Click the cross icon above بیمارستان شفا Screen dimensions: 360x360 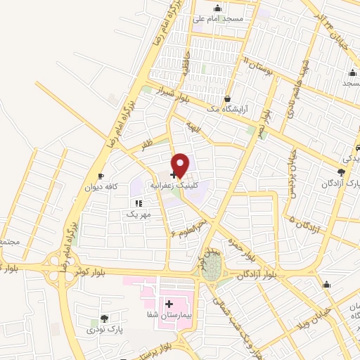169,304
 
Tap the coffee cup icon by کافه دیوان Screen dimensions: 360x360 101,175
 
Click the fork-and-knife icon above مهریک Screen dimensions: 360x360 139,202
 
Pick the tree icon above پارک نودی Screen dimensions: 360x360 105,319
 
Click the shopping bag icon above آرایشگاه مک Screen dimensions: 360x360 227,99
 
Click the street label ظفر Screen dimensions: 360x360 146,143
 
